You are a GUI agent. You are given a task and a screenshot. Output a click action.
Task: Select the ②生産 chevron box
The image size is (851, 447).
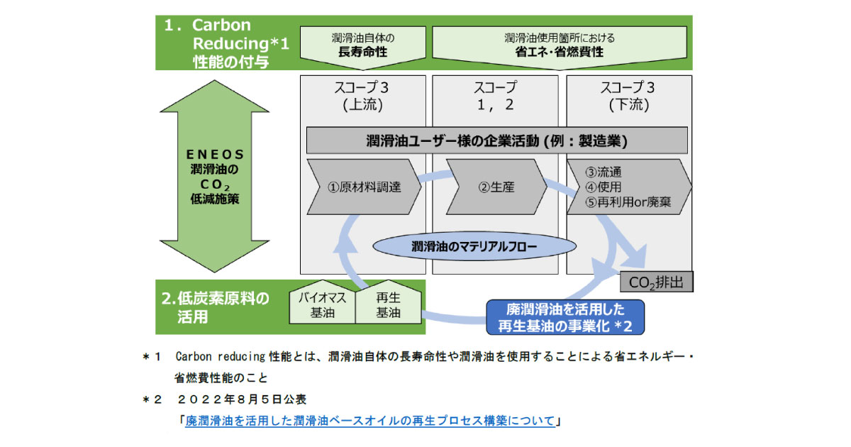point(495,187)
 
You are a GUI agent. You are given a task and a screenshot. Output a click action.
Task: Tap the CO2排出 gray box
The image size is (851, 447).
point(657,282)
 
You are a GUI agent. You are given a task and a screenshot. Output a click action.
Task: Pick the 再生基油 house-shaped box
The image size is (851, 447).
point(387,306)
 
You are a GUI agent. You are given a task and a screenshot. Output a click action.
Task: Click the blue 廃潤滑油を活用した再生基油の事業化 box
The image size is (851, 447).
point(564,317)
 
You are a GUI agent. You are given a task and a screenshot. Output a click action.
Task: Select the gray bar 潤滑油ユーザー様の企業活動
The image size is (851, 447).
point(496,140)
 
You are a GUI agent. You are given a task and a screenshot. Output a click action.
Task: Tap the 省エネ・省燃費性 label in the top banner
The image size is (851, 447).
point(559,53)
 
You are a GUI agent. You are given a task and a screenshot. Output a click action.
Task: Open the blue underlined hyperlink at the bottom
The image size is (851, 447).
point(369,421)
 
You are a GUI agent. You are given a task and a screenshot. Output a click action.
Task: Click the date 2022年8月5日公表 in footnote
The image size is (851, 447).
point(241,399)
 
